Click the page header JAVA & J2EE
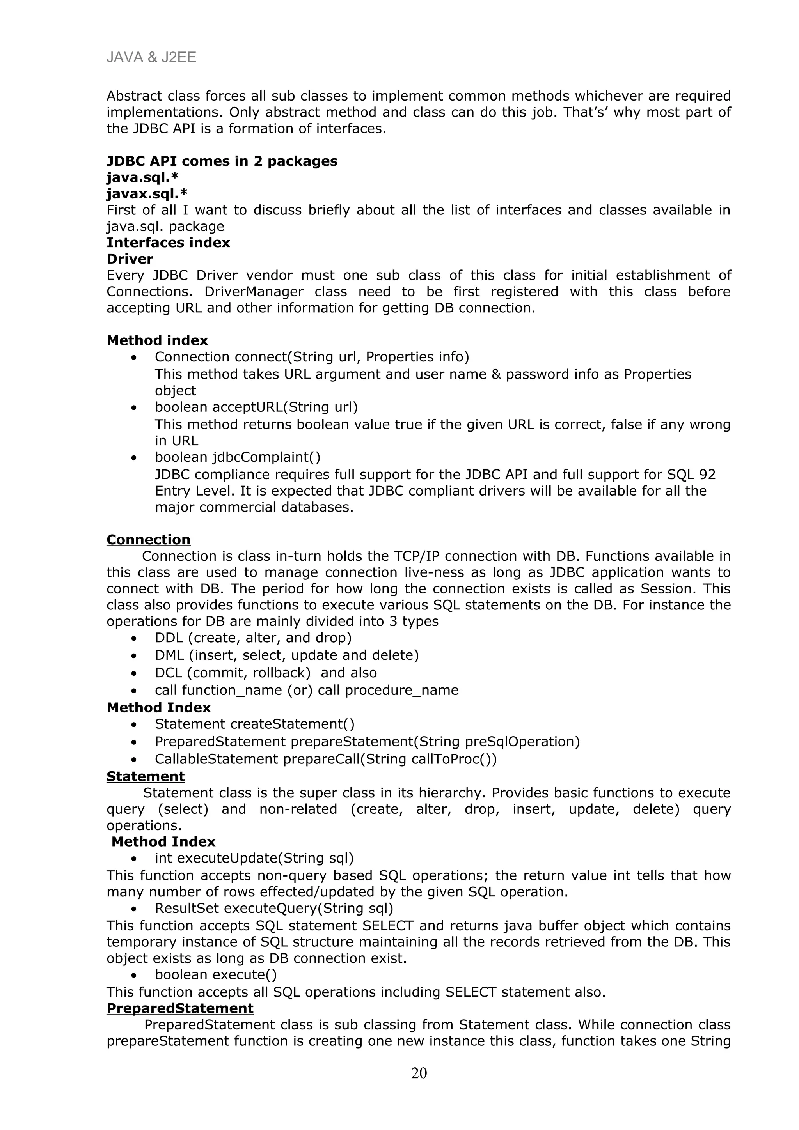tap(151, 58)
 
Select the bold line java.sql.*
tap(142, 177)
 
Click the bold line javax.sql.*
tap(147, 193)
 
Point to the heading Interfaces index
tap(168, 242)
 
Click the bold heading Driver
tap(130, 259)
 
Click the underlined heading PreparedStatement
tap(180, 1008)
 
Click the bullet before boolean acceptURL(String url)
tap(133, 408)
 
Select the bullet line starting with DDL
tap(253, 638)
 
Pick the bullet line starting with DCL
tap(265, 672)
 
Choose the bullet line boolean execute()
tap(216, 974)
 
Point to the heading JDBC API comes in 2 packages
tap(222, 161)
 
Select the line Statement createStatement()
tap(254, 724)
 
